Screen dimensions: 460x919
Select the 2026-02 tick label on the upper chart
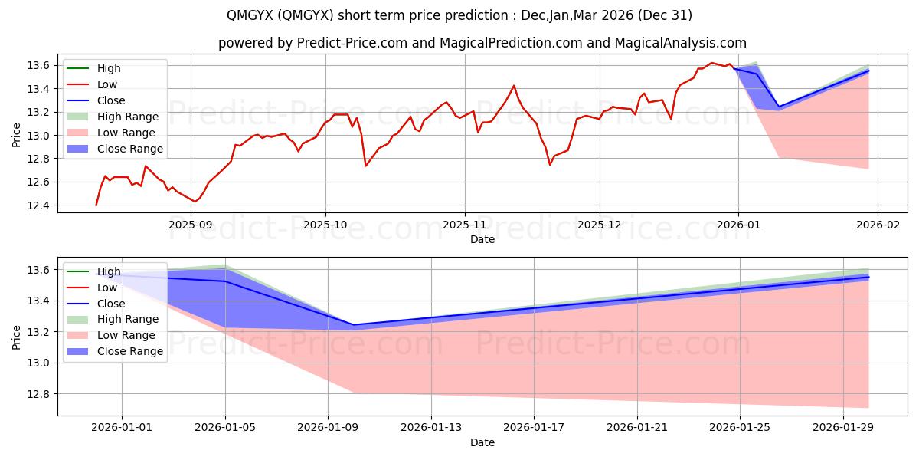[876, 225]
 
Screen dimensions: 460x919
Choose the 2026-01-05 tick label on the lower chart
[225, 428]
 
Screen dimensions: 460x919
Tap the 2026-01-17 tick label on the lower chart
[534, 428]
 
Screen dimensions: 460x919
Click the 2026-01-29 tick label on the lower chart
[842, 428]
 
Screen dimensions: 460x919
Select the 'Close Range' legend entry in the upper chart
[129, 149]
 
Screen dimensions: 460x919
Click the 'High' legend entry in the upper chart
[109, 68]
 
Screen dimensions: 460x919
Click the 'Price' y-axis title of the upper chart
[17, 136]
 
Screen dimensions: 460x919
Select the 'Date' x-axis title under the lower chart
[482, 442]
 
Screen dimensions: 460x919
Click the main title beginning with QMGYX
[459, 15]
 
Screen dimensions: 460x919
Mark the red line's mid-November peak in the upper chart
[514, 85]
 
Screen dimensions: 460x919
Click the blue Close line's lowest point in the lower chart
[354, 325]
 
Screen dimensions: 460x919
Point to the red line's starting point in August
[96, 205]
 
